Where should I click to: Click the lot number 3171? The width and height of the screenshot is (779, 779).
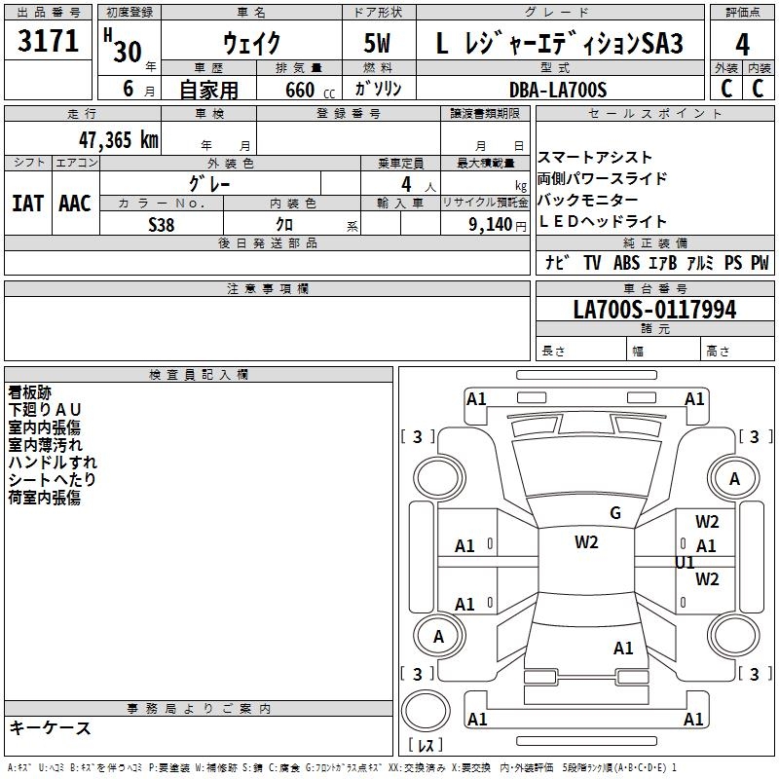(x=49, y=42)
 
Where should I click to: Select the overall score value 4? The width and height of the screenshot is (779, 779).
(x=742, y=44)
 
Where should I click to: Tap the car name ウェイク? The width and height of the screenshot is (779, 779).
(x=252, y=43)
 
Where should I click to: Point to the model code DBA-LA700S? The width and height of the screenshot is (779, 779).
(x=557, y=90)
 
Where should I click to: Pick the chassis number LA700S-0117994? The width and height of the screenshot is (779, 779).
(x=654, y=311)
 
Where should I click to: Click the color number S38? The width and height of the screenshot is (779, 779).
(x=162, y=224)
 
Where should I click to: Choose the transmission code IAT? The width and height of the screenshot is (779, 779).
(x=27, y=203)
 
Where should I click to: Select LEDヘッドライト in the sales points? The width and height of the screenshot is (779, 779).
(x=603, y=222)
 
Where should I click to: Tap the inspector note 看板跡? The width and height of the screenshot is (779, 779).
(x=30, y=392)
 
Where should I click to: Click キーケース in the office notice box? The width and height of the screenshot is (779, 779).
(x=50, y=727)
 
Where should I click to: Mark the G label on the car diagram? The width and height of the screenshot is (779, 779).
(x=615, y=513)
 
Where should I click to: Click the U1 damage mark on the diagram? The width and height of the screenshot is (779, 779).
(x=686, y=562)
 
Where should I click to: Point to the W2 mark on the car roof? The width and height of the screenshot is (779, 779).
(x=586, y=542)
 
